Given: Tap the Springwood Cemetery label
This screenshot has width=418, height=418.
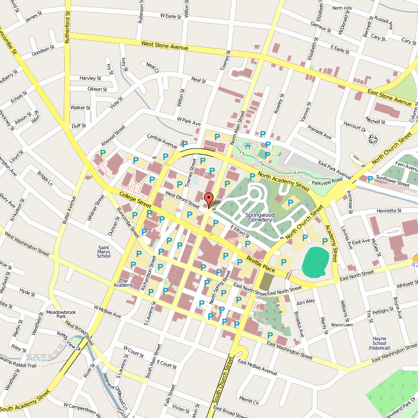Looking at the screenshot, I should click(259, 217).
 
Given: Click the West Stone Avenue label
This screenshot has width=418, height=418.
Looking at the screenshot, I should click(165, 46).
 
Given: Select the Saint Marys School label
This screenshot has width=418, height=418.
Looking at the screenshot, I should click(104, 252).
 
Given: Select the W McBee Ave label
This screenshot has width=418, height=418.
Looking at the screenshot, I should click(108, 312).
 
